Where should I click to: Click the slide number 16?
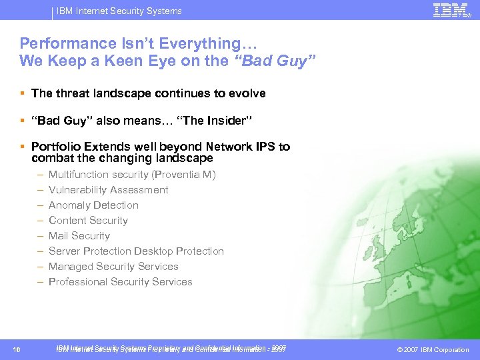17,350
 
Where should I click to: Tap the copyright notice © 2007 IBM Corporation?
433,350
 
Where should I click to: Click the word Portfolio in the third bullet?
54,147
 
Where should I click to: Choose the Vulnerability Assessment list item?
108,190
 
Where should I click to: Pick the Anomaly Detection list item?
93,205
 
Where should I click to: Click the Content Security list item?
88,221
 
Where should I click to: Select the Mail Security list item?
79,236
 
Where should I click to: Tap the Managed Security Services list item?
113,267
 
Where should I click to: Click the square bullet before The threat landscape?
23,93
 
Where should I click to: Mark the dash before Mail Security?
41,236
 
